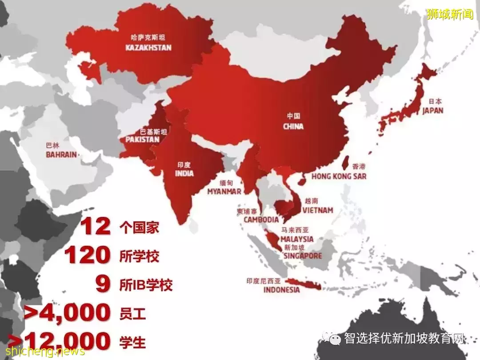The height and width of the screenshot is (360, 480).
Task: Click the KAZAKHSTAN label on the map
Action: point(148,47)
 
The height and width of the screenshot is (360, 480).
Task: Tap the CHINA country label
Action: point(293,126)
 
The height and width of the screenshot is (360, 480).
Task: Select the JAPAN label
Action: point(432,110)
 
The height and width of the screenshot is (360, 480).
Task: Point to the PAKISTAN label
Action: point(142,139)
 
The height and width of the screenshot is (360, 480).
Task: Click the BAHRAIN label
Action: point(61,155)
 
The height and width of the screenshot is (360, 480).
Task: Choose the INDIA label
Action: point(184,173)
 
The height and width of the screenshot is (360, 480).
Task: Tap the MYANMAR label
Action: point(224,192)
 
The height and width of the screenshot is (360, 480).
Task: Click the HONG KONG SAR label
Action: point(339,176)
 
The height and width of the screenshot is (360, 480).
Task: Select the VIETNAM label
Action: point(317,210)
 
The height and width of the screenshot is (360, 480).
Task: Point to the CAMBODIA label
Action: point(261,220)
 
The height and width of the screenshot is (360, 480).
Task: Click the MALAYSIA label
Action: point(297,239)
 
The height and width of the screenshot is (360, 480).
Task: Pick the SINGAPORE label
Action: point(303,256)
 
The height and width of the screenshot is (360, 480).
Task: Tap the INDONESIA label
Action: point(281,290)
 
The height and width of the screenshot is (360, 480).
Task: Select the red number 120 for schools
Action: point(88,256)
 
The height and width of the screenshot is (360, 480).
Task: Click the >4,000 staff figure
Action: point(67,313)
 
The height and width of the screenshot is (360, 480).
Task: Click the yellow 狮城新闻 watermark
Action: point(450,14)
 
